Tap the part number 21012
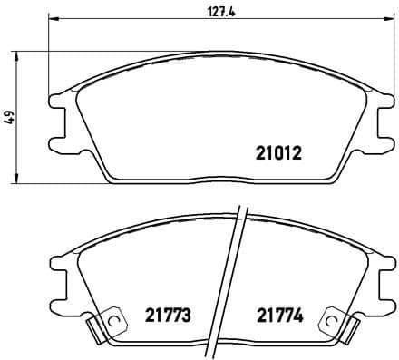[275, 154]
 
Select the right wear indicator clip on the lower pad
[337, 321]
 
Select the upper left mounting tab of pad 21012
[57, 100]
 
